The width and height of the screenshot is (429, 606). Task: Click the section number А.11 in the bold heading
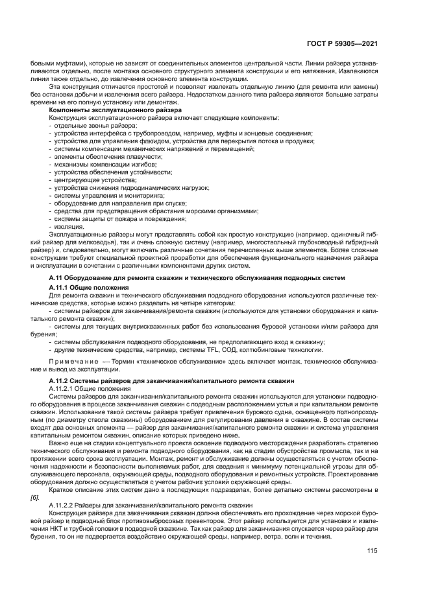(58, 277)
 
